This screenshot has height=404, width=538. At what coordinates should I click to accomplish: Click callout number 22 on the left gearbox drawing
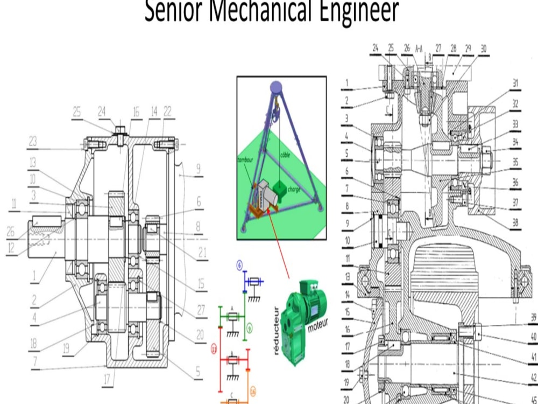click(x=167, y=111)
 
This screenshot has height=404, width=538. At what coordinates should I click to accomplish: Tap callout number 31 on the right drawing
click(x=515, y=83)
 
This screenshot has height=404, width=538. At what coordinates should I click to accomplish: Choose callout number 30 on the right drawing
click(x=483, y=48)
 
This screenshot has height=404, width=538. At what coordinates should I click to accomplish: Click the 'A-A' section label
click(x=422, y=48)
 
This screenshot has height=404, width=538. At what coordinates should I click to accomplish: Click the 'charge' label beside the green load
click(x=293, y=190)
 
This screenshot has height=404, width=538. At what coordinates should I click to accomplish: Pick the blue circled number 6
click(x=239, y=264)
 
